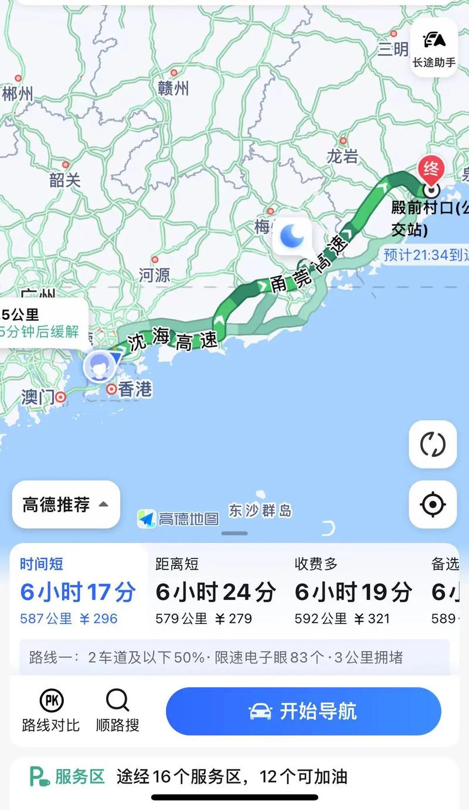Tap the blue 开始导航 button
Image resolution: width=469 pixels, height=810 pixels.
tap(303, 711)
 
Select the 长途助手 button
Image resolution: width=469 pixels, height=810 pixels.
tap(434, 47)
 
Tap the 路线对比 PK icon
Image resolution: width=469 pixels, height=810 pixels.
tap(51, 700)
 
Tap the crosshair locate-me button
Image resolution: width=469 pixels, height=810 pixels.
tap(433, 504)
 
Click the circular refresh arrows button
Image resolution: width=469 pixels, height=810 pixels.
tap(433, 444)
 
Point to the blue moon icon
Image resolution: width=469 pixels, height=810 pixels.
tap(291, 236)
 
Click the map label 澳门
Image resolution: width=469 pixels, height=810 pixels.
tap(38, 397)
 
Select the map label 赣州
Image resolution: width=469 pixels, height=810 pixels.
tap(174, 88)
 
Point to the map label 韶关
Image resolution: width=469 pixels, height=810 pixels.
tap(64, 179)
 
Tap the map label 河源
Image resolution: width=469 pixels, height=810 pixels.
tap(155, 274)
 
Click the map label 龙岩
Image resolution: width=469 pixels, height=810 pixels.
tap(342, 156)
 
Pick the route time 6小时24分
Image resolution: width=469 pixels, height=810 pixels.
tap(215, 592)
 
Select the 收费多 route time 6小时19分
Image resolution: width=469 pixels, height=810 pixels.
tap(354, 592)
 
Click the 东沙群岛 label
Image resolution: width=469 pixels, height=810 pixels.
tap(260, 511)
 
